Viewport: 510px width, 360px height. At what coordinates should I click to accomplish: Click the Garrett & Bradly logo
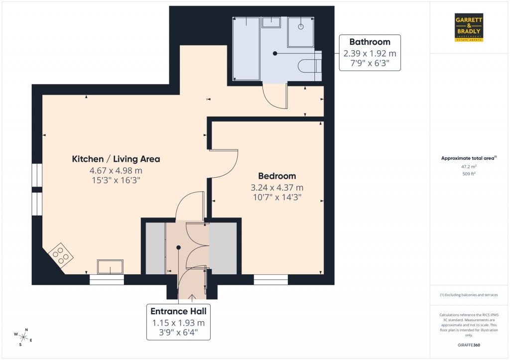469,27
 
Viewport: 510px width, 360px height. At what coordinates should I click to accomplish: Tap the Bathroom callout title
369,42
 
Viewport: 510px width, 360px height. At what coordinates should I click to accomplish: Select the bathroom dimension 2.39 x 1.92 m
369,53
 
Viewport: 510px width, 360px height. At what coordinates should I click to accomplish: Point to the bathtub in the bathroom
247,49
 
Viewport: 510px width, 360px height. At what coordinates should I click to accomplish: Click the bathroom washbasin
271,22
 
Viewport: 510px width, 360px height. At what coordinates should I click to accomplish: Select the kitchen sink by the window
110,267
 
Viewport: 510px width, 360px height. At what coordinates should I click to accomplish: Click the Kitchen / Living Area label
116,159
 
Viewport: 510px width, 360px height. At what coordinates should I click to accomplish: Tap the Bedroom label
277,176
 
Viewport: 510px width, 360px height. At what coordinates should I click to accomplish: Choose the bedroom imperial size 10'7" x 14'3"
277,197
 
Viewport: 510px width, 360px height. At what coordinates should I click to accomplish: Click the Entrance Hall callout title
178,311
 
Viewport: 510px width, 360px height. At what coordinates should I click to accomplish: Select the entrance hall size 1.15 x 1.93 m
178,323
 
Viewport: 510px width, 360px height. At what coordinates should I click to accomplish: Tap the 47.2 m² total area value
469,168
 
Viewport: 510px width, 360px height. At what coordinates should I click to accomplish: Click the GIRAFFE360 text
469,345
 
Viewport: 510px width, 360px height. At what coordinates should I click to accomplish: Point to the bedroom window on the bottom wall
270,279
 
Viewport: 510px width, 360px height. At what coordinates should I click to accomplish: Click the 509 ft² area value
469,174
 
